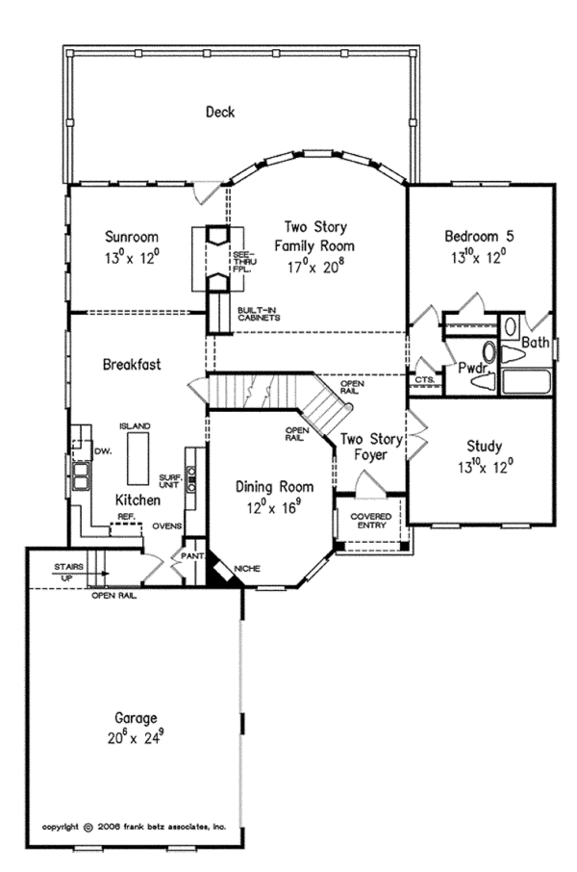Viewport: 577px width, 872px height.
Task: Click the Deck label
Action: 220,113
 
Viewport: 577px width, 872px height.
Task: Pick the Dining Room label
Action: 267,487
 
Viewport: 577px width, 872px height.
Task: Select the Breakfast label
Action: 132,365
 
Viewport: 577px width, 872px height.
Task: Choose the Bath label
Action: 536,342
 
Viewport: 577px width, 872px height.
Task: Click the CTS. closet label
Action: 424,380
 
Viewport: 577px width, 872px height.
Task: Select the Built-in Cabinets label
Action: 259,314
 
